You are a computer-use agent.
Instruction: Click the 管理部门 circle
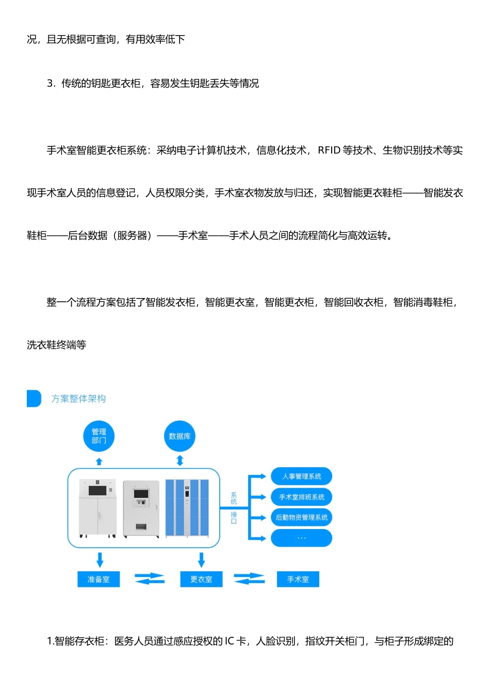[x=99, y=436]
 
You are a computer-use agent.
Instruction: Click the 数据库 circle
[x=179, y=436]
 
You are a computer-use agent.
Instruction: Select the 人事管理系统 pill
[x=302, y=476]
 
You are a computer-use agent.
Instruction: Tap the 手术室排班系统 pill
[x=302, y=497]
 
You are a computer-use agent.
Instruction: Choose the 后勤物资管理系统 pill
[x=302, y=518]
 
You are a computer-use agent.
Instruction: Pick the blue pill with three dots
[x=302, y=538]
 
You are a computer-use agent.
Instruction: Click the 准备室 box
[x=99, y=579]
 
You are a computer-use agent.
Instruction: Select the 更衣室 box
[x=201, y=579]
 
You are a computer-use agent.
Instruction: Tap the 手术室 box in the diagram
[x=298, y=579]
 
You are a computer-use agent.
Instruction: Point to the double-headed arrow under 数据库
[x=179, y=460]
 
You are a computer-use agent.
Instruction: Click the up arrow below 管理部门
[x=99, y=461]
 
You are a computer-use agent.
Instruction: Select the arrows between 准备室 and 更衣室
[x=150, y=579]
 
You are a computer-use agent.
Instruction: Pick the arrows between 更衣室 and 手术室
[x=249, y=579]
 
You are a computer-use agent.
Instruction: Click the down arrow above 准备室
[x=100, y=559]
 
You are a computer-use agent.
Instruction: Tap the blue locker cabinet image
[x=187, y=508]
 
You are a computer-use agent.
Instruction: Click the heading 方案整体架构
[x=78, y=399]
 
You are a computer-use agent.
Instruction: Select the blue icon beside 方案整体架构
[x=34, y=399]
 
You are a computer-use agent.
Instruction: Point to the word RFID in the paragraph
[x=329, y=150]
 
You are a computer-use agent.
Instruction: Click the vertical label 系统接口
[x=234, y=508]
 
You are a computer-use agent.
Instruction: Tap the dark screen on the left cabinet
[x=97, y=489]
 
